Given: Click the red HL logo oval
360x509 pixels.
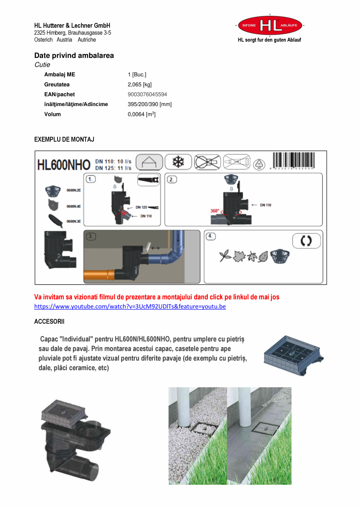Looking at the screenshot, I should [x=270, y=25].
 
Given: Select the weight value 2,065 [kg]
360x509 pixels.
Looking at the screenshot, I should [x=140, y=85].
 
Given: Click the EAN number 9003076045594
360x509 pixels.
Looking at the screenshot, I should [x=147, y=94].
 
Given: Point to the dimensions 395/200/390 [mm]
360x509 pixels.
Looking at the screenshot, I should [x=149, y=104].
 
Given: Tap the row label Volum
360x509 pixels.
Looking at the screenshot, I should [x=52, y=114].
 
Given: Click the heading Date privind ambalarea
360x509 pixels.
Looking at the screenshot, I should [x=74, y=55].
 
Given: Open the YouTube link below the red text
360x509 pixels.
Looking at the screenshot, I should [x=130, y=306].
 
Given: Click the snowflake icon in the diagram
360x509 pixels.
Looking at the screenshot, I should [x=178, y=162].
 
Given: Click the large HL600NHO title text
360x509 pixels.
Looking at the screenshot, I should [x=63, y=165].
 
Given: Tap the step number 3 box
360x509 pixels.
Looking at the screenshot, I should [x=90, y=236].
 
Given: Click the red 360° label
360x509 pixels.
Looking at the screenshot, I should [x=215, y=211].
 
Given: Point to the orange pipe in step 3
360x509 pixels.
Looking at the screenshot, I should [x=99, y=274].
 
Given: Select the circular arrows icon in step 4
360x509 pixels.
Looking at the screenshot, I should [x=306, y=241].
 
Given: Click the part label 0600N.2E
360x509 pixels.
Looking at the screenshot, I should [x=74, y=190].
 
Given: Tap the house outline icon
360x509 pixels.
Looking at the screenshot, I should [x=149, y=162].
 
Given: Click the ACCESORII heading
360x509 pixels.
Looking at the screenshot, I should [x=49, y=321].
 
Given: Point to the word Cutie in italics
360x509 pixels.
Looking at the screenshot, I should [x=42, y=65].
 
